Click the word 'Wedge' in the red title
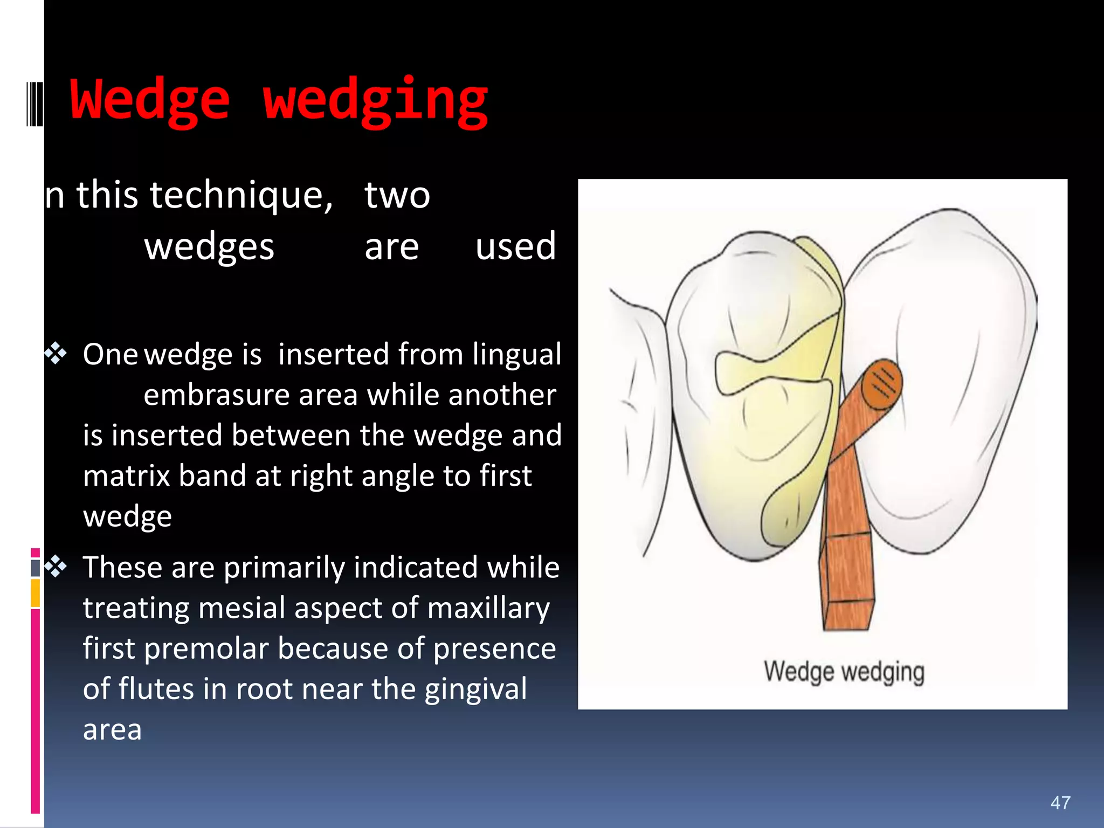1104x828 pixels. point(150,100)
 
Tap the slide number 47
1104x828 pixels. point(1060,803)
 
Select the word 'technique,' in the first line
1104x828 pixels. point(241,195)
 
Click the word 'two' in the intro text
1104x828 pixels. point(397,195)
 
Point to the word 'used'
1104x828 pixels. point(515,247)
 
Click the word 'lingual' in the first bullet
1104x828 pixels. point(516,355)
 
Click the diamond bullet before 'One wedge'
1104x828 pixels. point(56,354)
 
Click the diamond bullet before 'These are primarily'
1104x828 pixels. point(56,567)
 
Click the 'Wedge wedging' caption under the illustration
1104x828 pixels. point(844,672)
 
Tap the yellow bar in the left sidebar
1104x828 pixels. point(35,593)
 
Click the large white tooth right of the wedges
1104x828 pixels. point(943,377)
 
